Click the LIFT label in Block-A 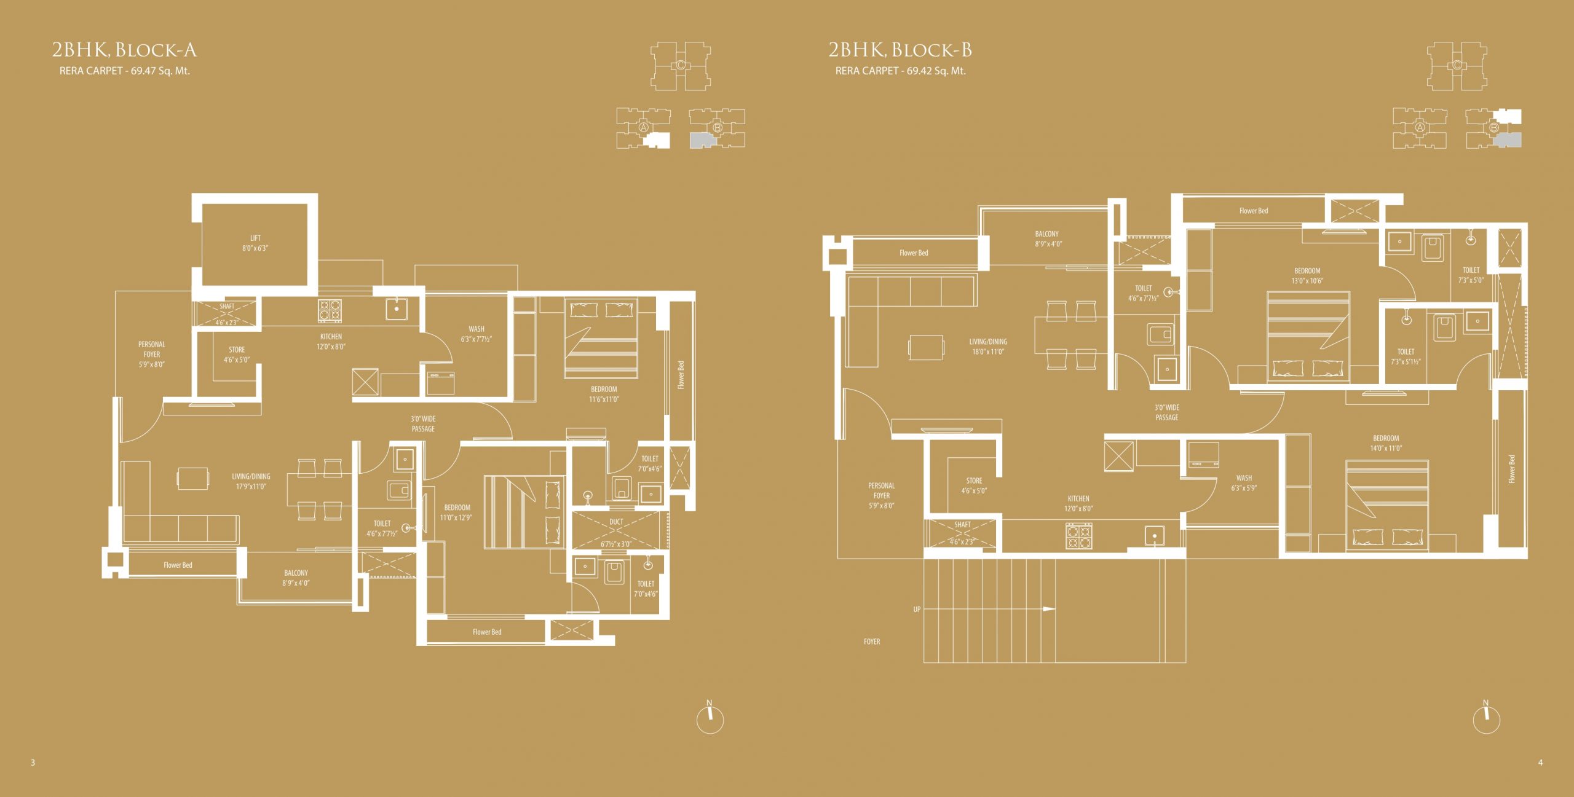[x=255, y=238]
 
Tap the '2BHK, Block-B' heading [x=900, y=50]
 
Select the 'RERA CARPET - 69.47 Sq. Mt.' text [x=125, y=71]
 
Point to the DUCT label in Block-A [x=616, y=522]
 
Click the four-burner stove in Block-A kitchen [x=330, y=310]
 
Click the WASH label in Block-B [x=1244, y=478]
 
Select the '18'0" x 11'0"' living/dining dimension [x=988, y=352]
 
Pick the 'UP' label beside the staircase [x=917, y=610]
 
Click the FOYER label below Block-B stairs [x=872, y=642]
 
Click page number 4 [x=1540, y=763]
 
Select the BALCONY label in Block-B [x=1047, y=234]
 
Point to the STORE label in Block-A [x=237, y=350]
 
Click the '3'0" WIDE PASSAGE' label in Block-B [x=1167, y=412]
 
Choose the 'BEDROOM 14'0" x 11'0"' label [x=1386, y=443]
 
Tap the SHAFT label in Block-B [x=963, y=525]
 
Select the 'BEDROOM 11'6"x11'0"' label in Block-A [x=604, y=394]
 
